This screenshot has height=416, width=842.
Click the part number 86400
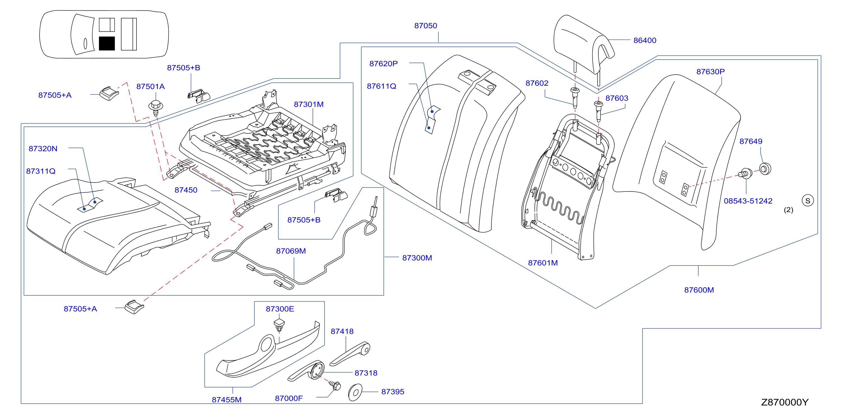pyautogui.click(x=645, y=41)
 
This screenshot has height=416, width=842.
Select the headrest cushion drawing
pyautogui.click(x=584, y=44)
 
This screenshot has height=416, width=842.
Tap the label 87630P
pyautogui.click(x=710, y=71)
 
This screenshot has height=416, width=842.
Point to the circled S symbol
pyautogui.click(x=808, y=201)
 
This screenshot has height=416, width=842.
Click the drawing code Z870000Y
pyautogui.click(x=785, y=402)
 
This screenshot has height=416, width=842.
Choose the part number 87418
pyautogui.click(x=342, y=331)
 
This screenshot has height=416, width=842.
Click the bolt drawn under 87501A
pyautogui.click(x=156, y=108)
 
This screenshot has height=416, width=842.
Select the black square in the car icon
pyautogui.click(x=107, y=43)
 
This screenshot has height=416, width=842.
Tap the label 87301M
pyautogui.click(x=309, y=105)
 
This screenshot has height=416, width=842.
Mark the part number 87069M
pyautogui.click(x=291, y=251)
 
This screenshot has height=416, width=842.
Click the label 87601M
pyautogui.click(x=543, y=263)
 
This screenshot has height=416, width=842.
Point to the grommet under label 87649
pyautogui.click(x=765, y=169)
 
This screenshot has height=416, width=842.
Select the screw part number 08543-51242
pyautogui.click(x=748, y=201)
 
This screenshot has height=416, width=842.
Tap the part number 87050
pyautogui.click(x=425, y=26)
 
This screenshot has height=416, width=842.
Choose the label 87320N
pyautogui.click(x=43, y=149)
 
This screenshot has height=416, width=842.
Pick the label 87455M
pyautogui.click(x=226, y=400)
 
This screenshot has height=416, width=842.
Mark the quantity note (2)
pyautogui.click(x=788, y=210)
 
